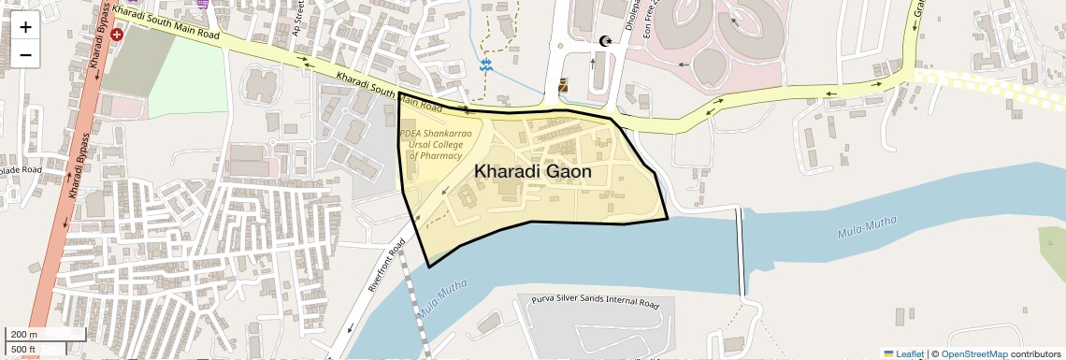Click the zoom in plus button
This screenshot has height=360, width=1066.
[x=25, y=27]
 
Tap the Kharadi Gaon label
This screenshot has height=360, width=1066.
[x=533, y=172]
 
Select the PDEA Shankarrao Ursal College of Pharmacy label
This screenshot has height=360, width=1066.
[x=436, y=145]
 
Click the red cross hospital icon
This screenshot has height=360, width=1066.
[x=117, y=34]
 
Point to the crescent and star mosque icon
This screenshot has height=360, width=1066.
[x=605, y=41]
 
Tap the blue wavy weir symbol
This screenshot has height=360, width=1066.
[x=486, y=65]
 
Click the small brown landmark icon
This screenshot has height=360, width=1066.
[x=563, y=86]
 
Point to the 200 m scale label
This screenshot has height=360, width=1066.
[x=25, y=334]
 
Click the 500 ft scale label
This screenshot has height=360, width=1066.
[x=24, y=350]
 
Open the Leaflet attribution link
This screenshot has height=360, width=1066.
[x=909, y=353]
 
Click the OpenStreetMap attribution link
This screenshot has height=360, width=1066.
[x=973, y=353]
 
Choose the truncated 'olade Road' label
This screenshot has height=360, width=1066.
[x=21, y=170]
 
